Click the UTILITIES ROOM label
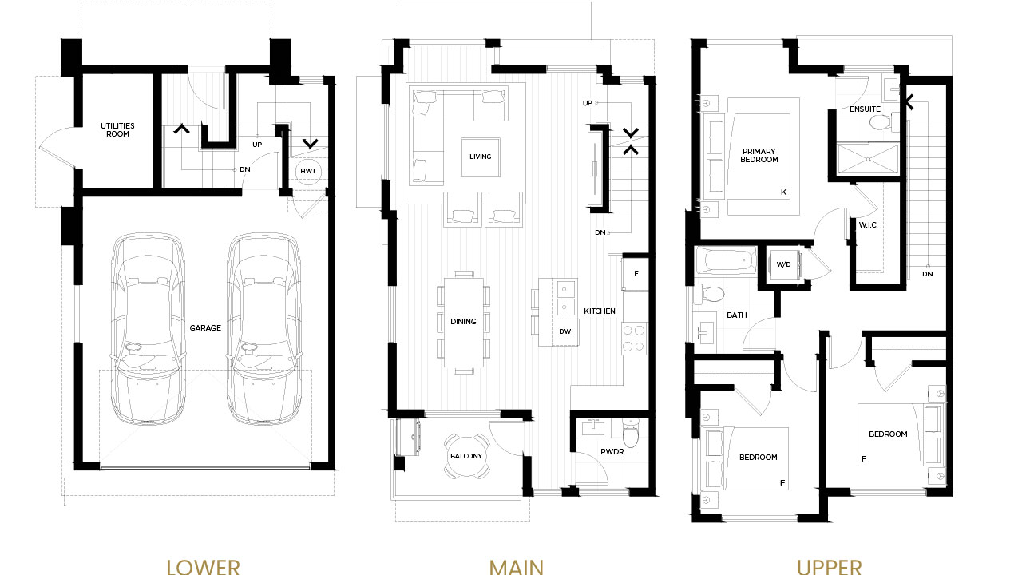tap(117, 129)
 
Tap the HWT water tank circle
tap(308, 171)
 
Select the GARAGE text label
tap(205, 327)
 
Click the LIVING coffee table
tap(481, 157)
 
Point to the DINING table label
tap(463, 321)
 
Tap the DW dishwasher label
tap(564, 331)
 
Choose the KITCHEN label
tap(600, 311)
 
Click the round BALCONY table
tap(466, 456)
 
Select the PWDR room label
tap(612, 451)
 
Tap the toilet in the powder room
tap(631, 434)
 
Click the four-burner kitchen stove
tap(634, 338)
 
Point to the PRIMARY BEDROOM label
tap(759, 155)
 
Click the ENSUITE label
tap(865, 109)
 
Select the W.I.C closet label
tap(867, 225)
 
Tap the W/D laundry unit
tap(784, 264)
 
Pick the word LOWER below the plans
tap(203, 567)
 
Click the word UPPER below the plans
tap(829, 567)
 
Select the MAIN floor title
tap(516, 567)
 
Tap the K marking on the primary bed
tap(783, 192)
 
